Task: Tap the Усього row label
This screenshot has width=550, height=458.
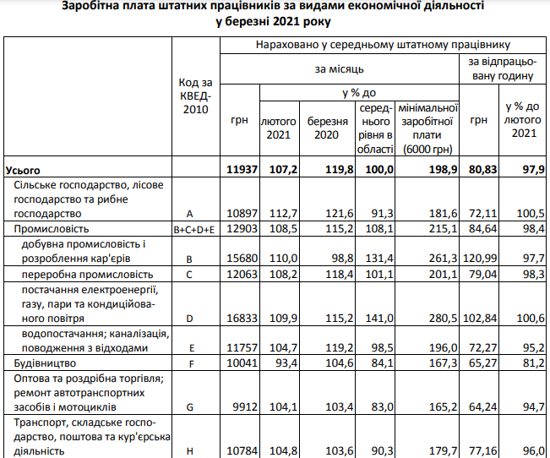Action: (x=23, y=170)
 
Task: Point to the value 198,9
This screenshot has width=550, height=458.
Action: (x=442, y=170)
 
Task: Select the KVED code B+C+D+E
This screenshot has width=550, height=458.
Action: (x=196, y=229)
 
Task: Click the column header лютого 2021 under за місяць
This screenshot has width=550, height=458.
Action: (x=278, y=128)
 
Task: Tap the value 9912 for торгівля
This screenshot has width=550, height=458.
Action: (x=243, y=406)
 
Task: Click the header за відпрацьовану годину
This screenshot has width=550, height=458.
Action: (x=500, y=69)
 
